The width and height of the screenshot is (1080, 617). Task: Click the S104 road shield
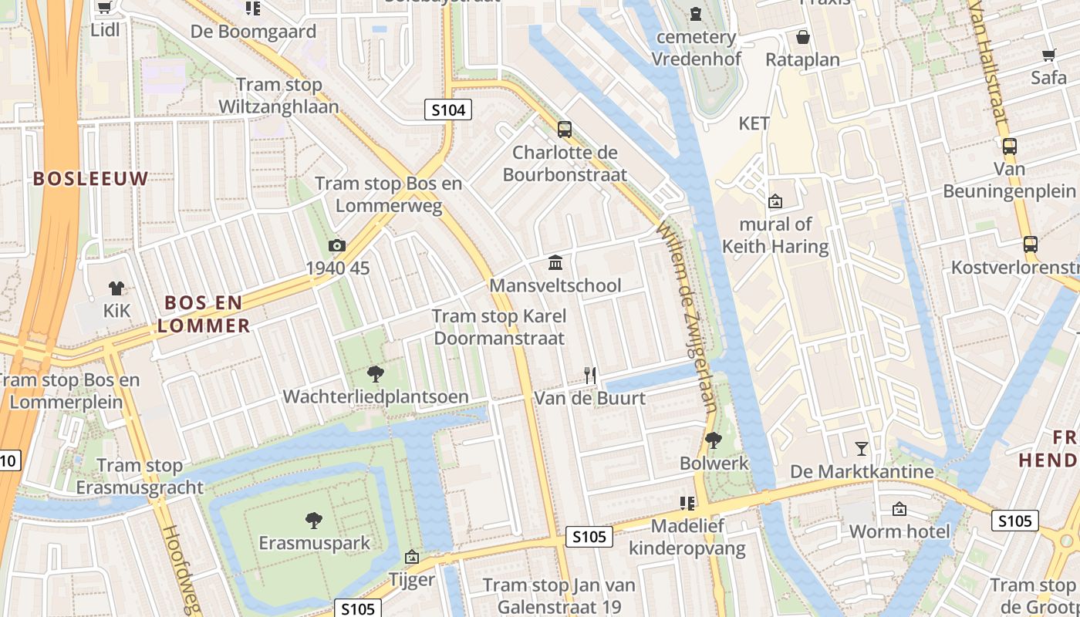click(x=448, y=110)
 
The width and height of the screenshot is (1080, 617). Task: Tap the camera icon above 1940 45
click(x=337, y=245)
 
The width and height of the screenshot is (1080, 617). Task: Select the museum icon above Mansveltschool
click(x=555, y=263)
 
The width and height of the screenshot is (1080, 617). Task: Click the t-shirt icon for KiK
click(x=116, y=288)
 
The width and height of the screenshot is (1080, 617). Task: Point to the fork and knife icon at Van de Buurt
click(x=590, y=376)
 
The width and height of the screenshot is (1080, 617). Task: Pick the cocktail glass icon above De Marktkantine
click(x=862, y=448)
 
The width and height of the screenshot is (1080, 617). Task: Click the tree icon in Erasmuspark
click(x=314, y=521)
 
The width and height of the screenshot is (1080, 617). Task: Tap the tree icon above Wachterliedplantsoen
click(x=376, y=374)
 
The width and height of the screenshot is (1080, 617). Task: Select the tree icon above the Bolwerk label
click(x=714, y=440)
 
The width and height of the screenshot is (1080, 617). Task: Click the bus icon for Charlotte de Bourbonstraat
click(x=565, y=130)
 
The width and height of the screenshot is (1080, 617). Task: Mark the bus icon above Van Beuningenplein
click(x=1009, y=146)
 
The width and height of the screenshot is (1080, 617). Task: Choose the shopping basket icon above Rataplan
click(x=803, y=37)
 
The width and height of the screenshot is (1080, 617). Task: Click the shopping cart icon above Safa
click(x=1048, y=55)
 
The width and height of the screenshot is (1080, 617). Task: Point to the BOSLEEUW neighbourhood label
click(x=90, y=179)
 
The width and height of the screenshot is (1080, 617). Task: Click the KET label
click(x=754, y=123)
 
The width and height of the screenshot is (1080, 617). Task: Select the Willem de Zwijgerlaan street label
click(x=687, y=317)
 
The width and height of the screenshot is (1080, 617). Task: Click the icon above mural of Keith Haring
click(x=775, y=201)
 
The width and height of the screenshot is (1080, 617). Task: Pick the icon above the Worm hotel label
click(x=899, y=509)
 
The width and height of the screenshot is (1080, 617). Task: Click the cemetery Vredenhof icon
click(x=696, y=14)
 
